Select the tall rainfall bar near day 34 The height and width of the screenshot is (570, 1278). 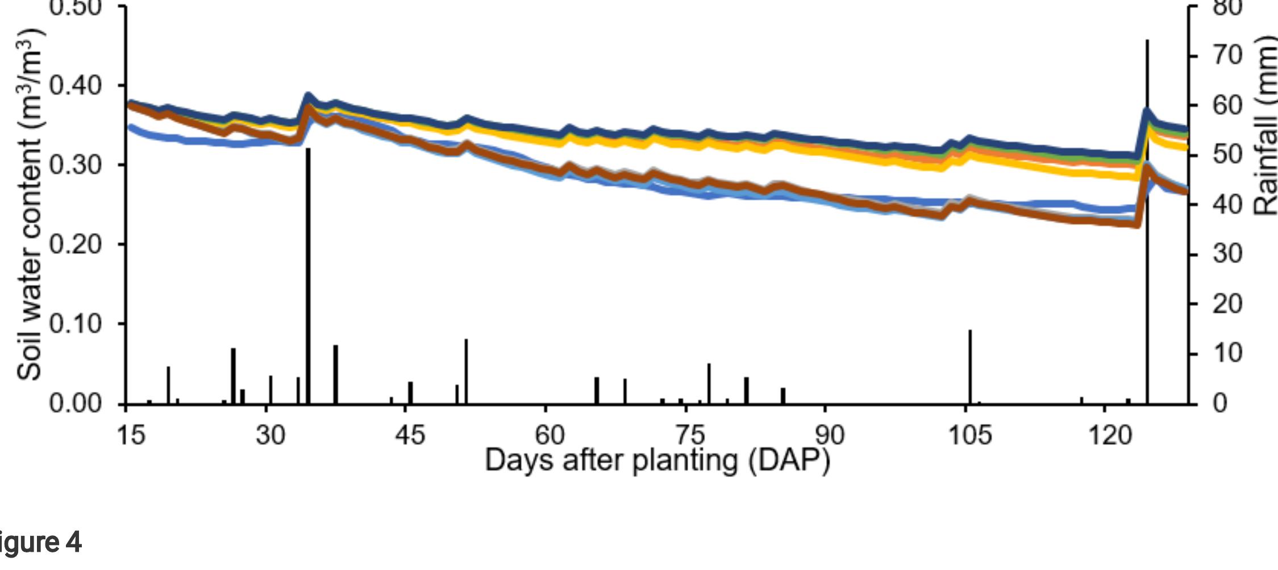pos(308,278)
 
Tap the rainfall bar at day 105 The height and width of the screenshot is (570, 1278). pos(970,367)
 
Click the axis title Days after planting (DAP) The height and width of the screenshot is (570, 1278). pos(657,460)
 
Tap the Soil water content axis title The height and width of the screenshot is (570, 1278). pos(30,205)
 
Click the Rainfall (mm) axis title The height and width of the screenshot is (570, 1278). pos(1265,125)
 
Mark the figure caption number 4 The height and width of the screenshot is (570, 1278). pos(73,543)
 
